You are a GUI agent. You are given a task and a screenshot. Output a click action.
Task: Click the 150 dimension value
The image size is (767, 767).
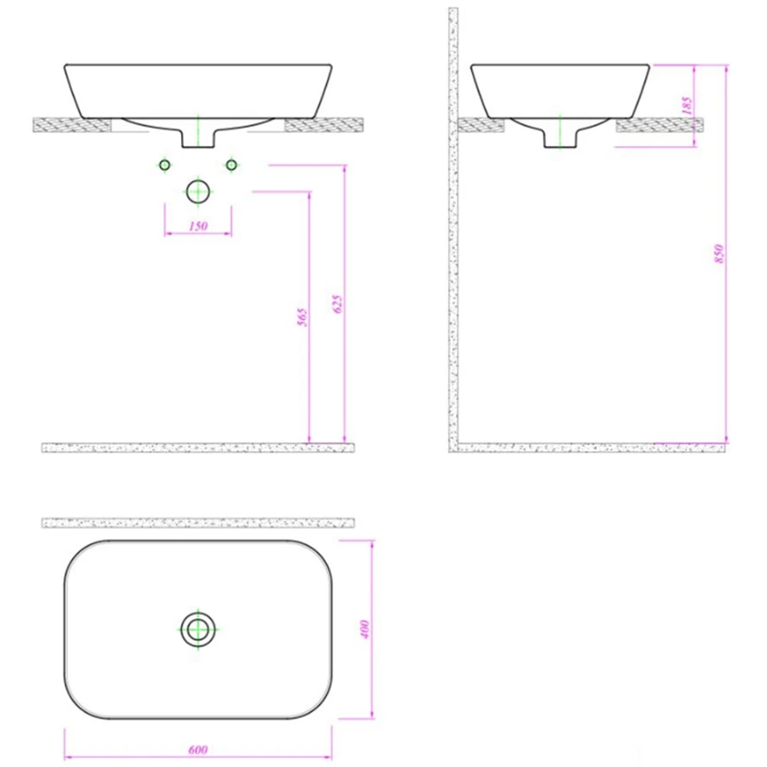198,226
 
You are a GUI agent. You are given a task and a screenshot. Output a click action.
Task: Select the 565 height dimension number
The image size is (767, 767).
303,317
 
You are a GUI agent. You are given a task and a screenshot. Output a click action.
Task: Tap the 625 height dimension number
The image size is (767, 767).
337,304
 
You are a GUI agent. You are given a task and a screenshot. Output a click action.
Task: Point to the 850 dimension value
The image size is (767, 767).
719,254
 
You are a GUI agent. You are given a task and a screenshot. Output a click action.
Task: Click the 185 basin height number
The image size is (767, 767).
686,106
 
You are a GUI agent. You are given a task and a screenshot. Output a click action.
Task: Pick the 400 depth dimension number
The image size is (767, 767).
364,630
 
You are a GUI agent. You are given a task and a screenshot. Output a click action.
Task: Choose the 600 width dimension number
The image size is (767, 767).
198,749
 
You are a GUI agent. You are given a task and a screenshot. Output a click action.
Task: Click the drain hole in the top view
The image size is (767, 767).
198,630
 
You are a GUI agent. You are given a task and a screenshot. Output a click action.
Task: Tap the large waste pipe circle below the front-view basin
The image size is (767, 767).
198,191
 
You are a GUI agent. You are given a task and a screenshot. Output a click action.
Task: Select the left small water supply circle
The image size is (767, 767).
165,165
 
